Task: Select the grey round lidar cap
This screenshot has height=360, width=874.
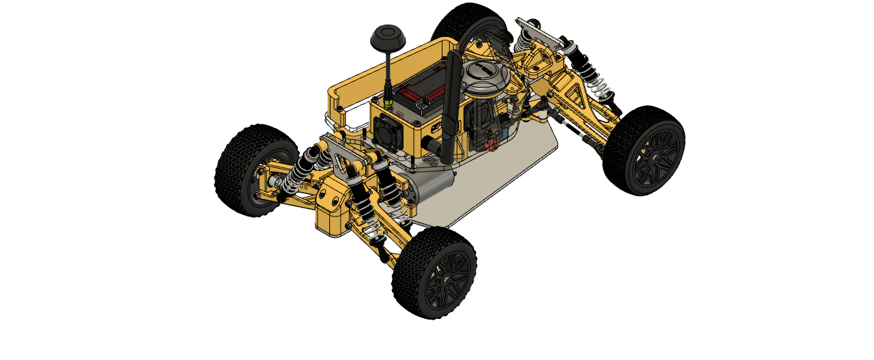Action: [x=483, y=76]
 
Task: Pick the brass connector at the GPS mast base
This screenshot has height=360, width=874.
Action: [x=388, y=101]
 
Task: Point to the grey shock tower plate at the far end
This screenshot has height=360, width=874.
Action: [x=539, y=31]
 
